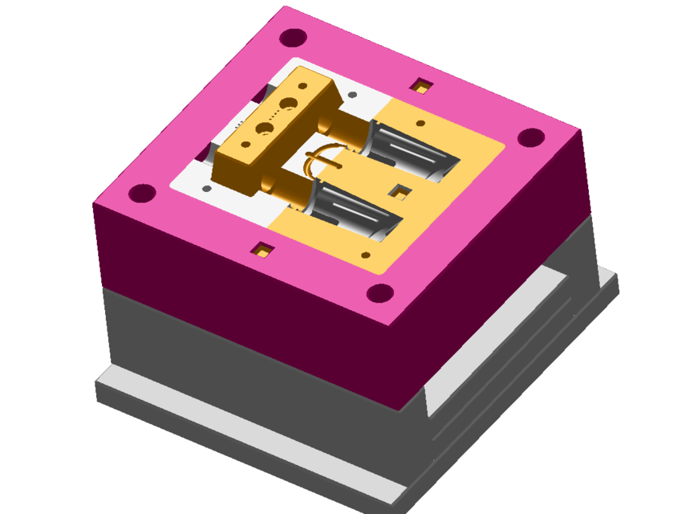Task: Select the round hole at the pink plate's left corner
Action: [x=142, y=193]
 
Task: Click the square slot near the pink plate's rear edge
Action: [x=420, y=84]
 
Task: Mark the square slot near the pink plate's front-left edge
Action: [x=262, y=251]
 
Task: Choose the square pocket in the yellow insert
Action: [x=400, y=190]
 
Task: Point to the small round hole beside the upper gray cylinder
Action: [x=422, y=123]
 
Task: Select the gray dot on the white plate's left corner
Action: [x=207, y=189]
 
